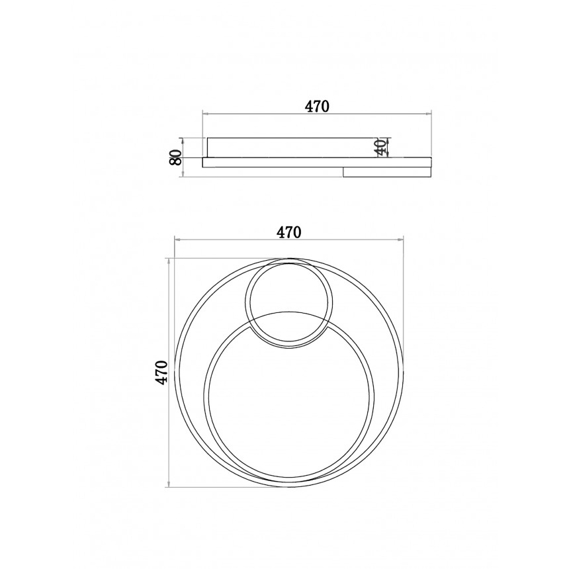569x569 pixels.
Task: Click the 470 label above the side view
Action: pyautogui.click(x=317, y=107)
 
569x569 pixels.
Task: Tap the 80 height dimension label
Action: pyautogui.click(x=175, y=157)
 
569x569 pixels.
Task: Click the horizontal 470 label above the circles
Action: pyautogui.click(x=289, y=232)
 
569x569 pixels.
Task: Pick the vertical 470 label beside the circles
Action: pyautogui.click(x=161, y=372)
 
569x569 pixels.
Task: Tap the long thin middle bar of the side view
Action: pyautogui.click(x=317, y=162)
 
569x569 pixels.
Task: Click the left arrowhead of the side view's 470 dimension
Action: pyautogui.click(x=204, y=114)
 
